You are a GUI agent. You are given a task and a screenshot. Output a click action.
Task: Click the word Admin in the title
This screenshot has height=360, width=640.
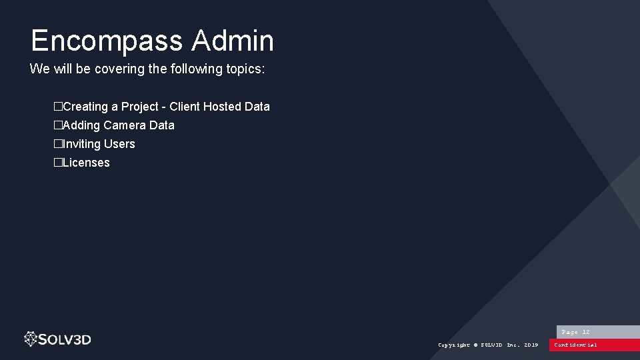pos(233,41)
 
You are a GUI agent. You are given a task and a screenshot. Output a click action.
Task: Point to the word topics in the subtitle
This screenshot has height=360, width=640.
pos(243,69)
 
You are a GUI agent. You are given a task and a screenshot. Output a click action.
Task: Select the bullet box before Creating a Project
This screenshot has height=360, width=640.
pos(58,107)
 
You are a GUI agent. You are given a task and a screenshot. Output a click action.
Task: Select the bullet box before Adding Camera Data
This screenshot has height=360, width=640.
pos(58,125)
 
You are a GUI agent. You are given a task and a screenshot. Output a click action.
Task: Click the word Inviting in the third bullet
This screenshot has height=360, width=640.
pos(81,144)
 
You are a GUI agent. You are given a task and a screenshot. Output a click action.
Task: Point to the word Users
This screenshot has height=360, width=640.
pos(119,144)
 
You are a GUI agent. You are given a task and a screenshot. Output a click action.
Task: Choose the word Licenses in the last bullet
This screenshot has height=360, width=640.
pos(86,163)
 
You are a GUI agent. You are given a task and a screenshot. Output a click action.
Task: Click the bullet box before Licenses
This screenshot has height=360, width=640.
pos(58,163)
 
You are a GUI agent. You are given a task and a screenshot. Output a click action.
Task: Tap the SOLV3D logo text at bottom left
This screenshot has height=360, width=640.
pos(65,339)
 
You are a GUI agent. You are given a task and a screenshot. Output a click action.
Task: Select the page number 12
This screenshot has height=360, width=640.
pos(586,332)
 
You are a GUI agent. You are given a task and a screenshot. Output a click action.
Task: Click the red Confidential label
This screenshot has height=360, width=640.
pos(576,345)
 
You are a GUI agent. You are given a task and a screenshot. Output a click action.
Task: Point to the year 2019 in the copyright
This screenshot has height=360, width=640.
pos(531,345)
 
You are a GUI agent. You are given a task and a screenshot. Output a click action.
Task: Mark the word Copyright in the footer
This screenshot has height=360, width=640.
pos(454,345)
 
